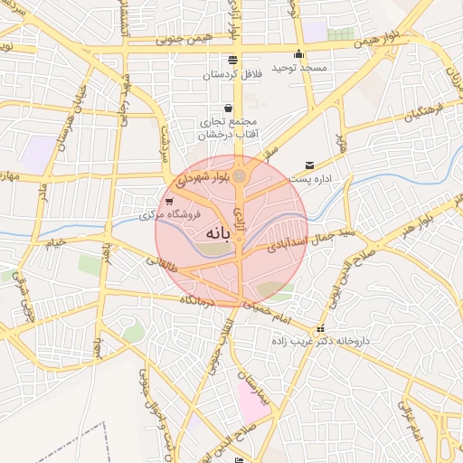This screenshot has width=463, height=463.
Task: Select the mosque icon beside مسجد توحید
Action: [298, 53]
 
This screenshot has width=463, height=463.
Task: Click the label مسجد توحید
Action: [325, 68]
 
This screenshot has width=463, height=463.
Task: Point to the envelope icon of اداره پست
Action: [310, 165]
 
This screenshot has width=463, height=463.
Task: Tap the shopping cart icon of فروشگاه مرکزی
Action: [170, 202]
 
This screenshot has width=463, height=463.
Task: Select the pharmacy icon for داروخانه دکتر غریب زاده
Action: [318, 329]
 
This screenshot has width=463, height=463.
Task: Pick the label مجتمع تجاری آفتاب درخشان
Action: [228, 128]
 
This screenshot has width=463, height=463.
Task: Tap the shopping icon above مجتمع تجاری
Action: [227, 107]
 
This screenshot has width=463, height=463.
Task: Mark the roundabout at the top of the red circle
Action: [239, 176]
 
